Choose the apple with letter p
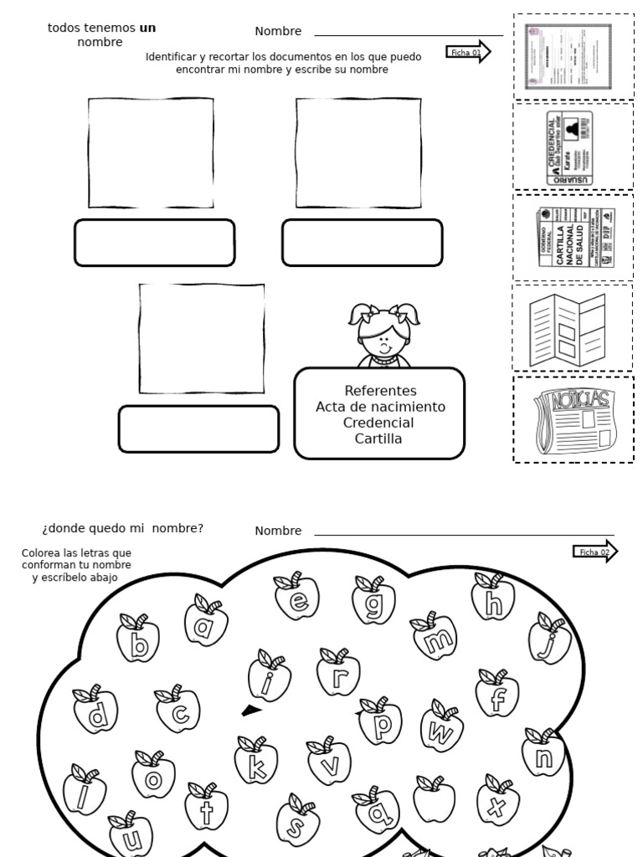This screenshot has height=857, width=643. point(381,723)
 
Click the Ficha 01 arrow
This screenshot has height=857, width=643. point(468,52)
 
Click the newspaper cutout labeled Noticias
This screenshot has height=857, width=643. point(573,421)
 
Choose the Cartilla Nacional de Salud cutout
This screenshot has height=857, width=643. point(574,238)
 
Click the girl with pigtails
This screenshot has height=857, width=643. point(383,335)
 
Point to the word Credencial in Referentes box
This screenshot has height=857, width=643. point(378,423)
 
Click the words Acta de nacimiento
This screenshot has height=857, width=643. point(380,407)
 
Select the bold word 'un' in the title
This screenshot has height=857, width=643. point(147,28)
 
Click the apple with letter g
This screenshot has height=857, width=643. point(373,600)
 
